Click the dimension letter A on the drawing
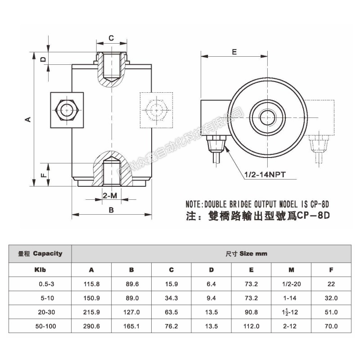pyautogui.click(x=27, y=119)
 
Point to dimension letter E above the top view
pyautogui.click(x=234, y=51)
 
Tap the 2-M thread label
pyautogui.click(x=110, y=196)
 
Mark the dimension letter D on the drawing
pyautogui.click(x=43, y=59)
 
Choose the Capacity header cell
pyautogui.click(x=40, y=253)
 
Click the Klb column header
pyautogui.click(x=40, y=270)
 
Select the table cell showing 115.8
pyautogui.click(x=91, y=284)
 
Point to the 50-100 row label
pyautogui.click(x=44, y=326)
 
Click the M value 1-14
pyautogui.click(x=291, y=298)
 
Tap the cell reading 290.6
pyautogui.click(x=91, y=326)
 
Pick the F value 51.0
pyautogui.click(x=332, y=312)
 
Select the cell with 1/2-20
pyautogui.click(x=291, y=284)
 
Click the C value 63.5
pyautogui.click(x=171, y=312)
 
